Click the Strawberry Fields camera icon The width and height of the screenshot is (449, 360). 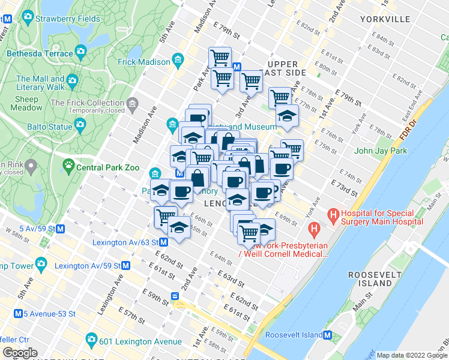click(26, 19)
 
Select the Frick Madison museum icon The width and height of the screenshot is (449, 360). click(178, 61)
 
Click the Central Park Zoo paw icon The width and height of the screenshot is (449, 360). click(70, 163)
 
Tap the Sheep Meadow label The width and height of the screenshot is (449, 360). click(26, 103)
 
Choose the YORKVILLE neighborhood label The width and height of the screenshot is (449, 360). click(385, 20)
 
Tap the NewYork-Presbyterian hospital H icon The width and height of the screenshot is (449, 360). click(312, 229)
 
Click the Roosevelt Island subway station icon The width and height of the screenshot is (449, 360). click(328, 336)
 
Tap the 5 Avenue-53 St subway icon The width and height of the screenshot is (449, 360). click(19, 313)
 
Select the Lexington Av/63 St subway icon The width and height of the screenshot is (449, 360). click(163, 242)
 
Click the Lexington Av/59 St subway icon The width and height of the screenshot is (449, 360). click(125, 265)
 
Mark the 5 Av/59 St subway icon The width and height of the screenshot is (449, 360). click(60, 229)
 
